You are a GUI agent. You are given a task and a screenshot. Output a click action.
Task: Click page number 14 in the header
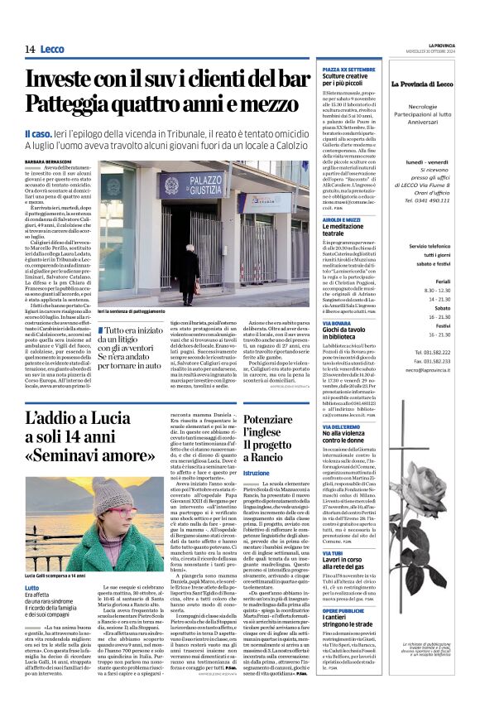point(29,49)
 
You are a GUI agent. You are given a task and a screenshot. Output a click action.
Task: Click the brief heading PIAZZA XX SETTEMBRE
point(343,70)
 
